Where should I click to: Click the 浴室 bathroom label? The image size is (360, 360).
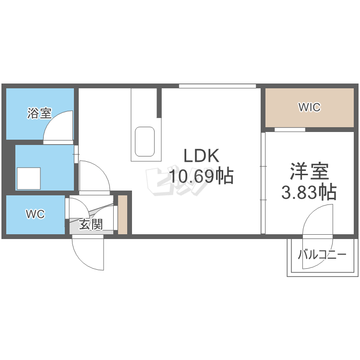(39, 114)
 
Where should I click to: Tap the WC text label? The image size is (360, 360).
(35, 215)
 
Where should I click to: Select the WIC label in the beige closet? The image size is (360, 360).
(309, 108)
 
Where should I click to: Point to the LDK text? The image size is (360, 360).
(201, 156)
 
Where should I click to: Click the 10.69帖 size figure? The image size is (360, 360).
(201, 177)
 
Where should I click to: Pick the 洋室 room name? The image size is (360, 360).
(309, 172)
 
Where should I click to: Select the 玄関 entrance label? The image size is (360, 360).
(91, 224)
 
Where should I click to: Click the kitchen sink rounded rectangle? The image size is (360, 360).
(144, 142)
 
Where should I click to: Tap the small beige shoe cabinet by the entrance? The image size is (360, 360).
(123, 215)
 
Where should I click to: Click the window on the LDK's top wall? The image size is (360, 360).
(217, 86)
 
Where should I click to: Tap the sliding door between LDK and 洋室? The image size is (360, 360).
(263, 182)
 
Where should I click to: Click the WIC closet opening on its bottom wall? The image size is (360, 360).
(289, 130)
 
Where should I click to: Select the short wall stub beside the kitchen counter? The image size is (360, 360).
(159, 103)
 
